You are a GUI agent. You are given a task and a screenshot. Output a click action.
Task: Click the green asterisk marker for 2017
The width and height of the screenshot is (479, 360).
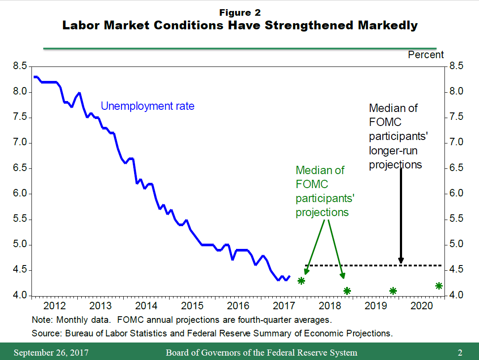(x=301, y=280)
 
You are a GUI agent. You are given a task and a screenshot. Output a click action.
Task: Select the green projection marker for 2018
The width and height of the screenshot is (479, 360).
(x=347, y=290)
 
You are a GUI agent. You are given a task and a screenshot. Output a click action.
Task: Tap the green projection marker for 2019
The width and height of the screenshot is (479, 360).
(x=393, y=290)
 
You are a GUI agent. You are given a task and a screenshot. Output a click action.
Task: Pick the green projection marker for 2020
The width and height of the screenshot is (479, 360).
(x=439, y=286)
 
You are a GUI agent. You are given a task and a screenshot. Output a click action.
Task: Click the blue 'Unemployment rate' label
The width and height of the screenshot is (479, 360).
(x=147, y=106)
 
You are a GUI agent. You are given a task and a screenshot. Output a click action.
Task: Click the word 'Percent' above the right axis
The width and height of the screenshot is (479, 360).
(x=426, y=55)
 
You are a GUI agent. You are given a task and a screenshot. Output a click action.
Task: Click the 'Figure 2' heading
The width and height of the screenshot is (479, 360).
(x=239, y=13)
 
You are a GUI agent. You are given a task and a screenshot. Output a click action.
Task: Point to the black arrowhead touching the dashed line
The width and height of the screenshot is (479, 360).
(x=401, y=261)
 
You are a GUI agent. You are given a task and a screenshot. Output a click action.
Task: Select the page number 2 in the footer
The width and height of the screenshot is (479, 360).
(x=460, y=353)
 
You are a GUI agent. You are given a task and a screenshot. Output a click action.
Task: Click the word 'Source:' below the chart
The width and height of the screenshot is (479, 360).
(x=47, y=333)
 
